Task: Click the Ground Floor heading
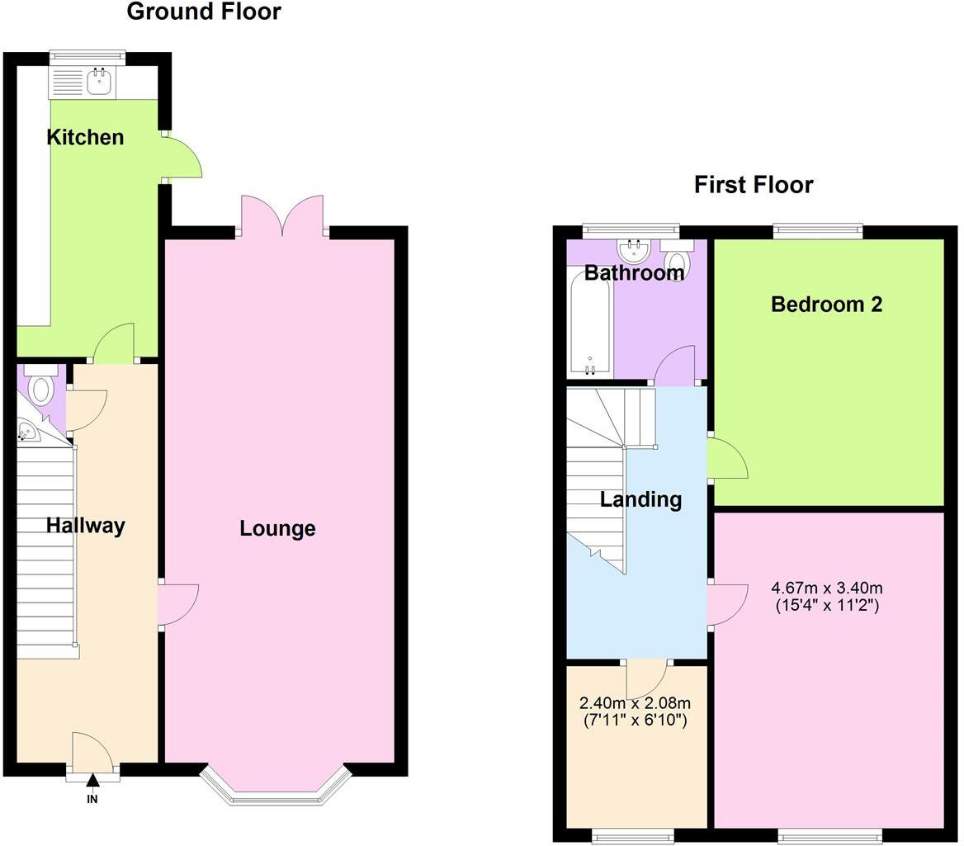pyautogui.click(x=203, y=12)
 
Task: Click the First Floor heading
pyautogui.click(x=753, y=184)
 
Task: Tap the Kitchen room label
pyautogui.click(x=85, y=137)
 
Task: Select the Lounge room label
pyautogui.click(x=277, y=528)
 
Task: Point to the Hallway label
pyautogui.click(x=85, y=526)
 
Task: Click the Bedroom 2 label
pyautogui.click(x=826, y=305)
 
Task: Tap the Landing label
pyautogui.click(x=640, y=499)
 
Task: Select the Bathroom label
pyautogui.click(x=634, y=272)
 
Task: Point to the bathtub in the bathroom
pyautogui.click(x=590, y=322)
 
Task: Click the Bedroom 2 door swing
pyautogui.click(x=728, y=460)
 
